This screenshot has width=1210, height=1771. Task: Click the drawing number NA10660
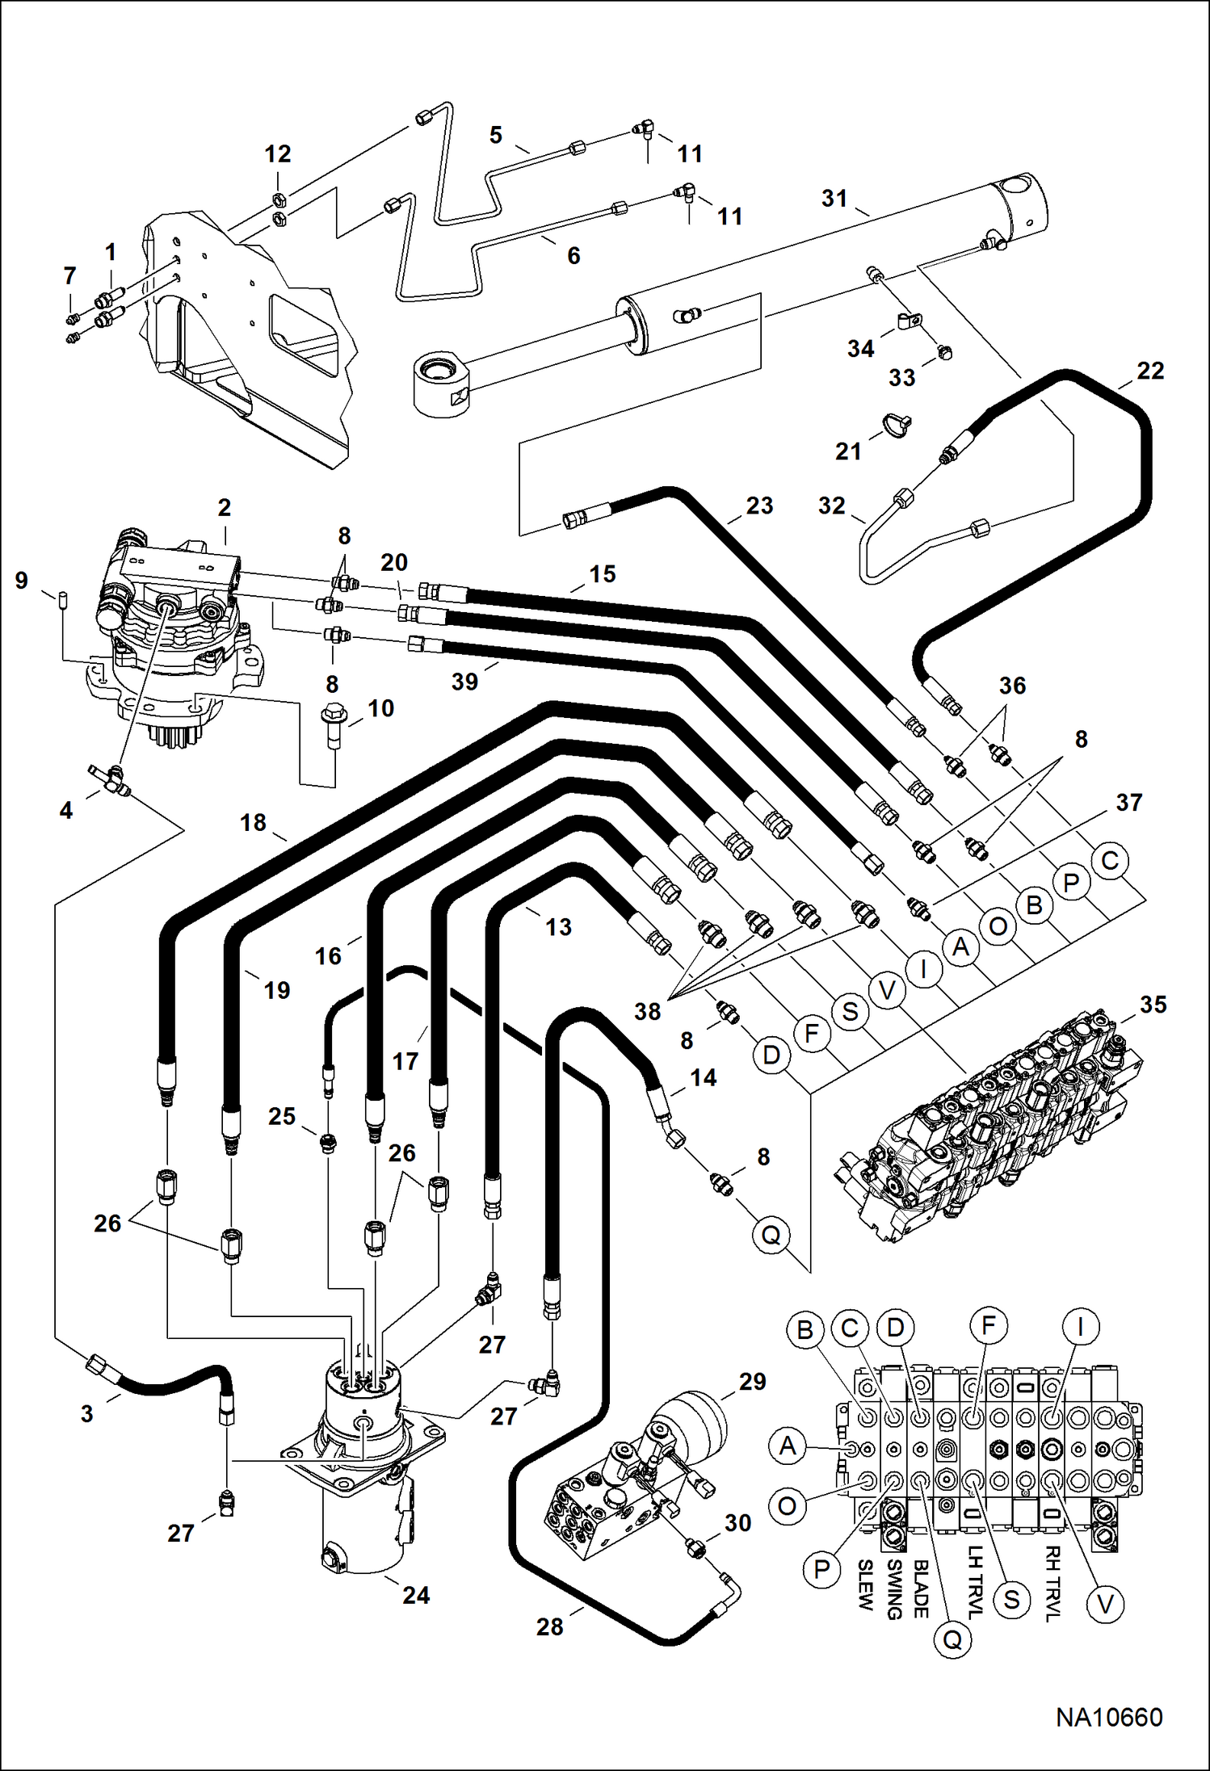(x=1108, y=1718)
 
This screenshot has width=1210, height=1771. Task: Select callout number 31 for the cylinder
(x=834, y=198)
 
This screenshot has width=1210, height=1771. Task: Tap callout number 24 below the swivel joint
(x=416, y=1595)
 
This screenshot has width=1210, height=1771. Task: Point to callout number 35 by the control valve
(x=1153, y=1004)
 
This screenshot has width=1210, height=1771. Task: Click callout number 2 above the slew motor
(x=225, y=507)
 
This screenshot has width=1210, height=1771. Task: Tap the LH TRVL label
(x=975, y=1582)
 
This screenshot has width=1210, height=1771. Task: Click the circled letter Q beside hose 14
(x=771, y=1235)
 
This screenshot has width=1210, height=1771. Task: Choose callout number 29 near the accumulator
(x=752, y=1381)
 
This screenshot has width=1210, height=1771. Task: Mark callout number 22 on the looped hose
(x=1150, y=371)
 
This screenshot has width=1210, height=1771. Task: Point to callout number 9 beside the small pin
(x=22, y=580)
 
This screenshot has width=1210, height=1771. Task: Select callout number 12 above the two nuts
(x=278, y=153)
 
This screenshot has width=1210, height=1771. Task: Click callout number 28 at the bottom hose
(x=549, y=1626)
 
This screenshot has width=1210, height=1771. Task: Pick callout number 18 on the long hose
(x=253, y=822)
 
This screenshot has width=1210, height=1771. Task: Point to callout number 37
(x=1128, y=802)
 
